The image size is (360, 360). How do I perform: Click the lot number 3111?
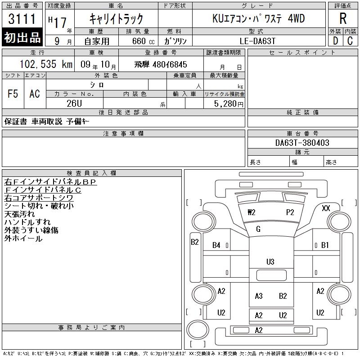pos(22,19)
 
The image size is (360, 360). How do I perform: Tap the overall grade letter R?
pos(343,18)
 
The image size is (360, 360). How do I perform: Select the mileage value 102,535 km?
pos(46,64)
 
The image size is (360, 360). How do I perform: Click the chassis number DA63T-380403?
pos(302,143)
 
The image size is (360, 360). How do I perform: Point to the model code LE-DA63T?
pos(257,41)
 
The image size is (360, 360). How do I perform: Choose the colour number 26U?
pos(74,103)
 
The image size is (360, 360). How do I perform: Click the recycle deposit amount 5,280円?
pos(229,104)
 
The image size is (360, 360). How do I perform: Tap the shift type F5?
pos(13,94)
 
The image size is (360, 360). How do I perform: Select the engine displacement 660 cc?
pos(143,41)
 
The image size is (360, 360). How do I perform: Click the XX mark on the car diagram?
pos(326,208)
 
